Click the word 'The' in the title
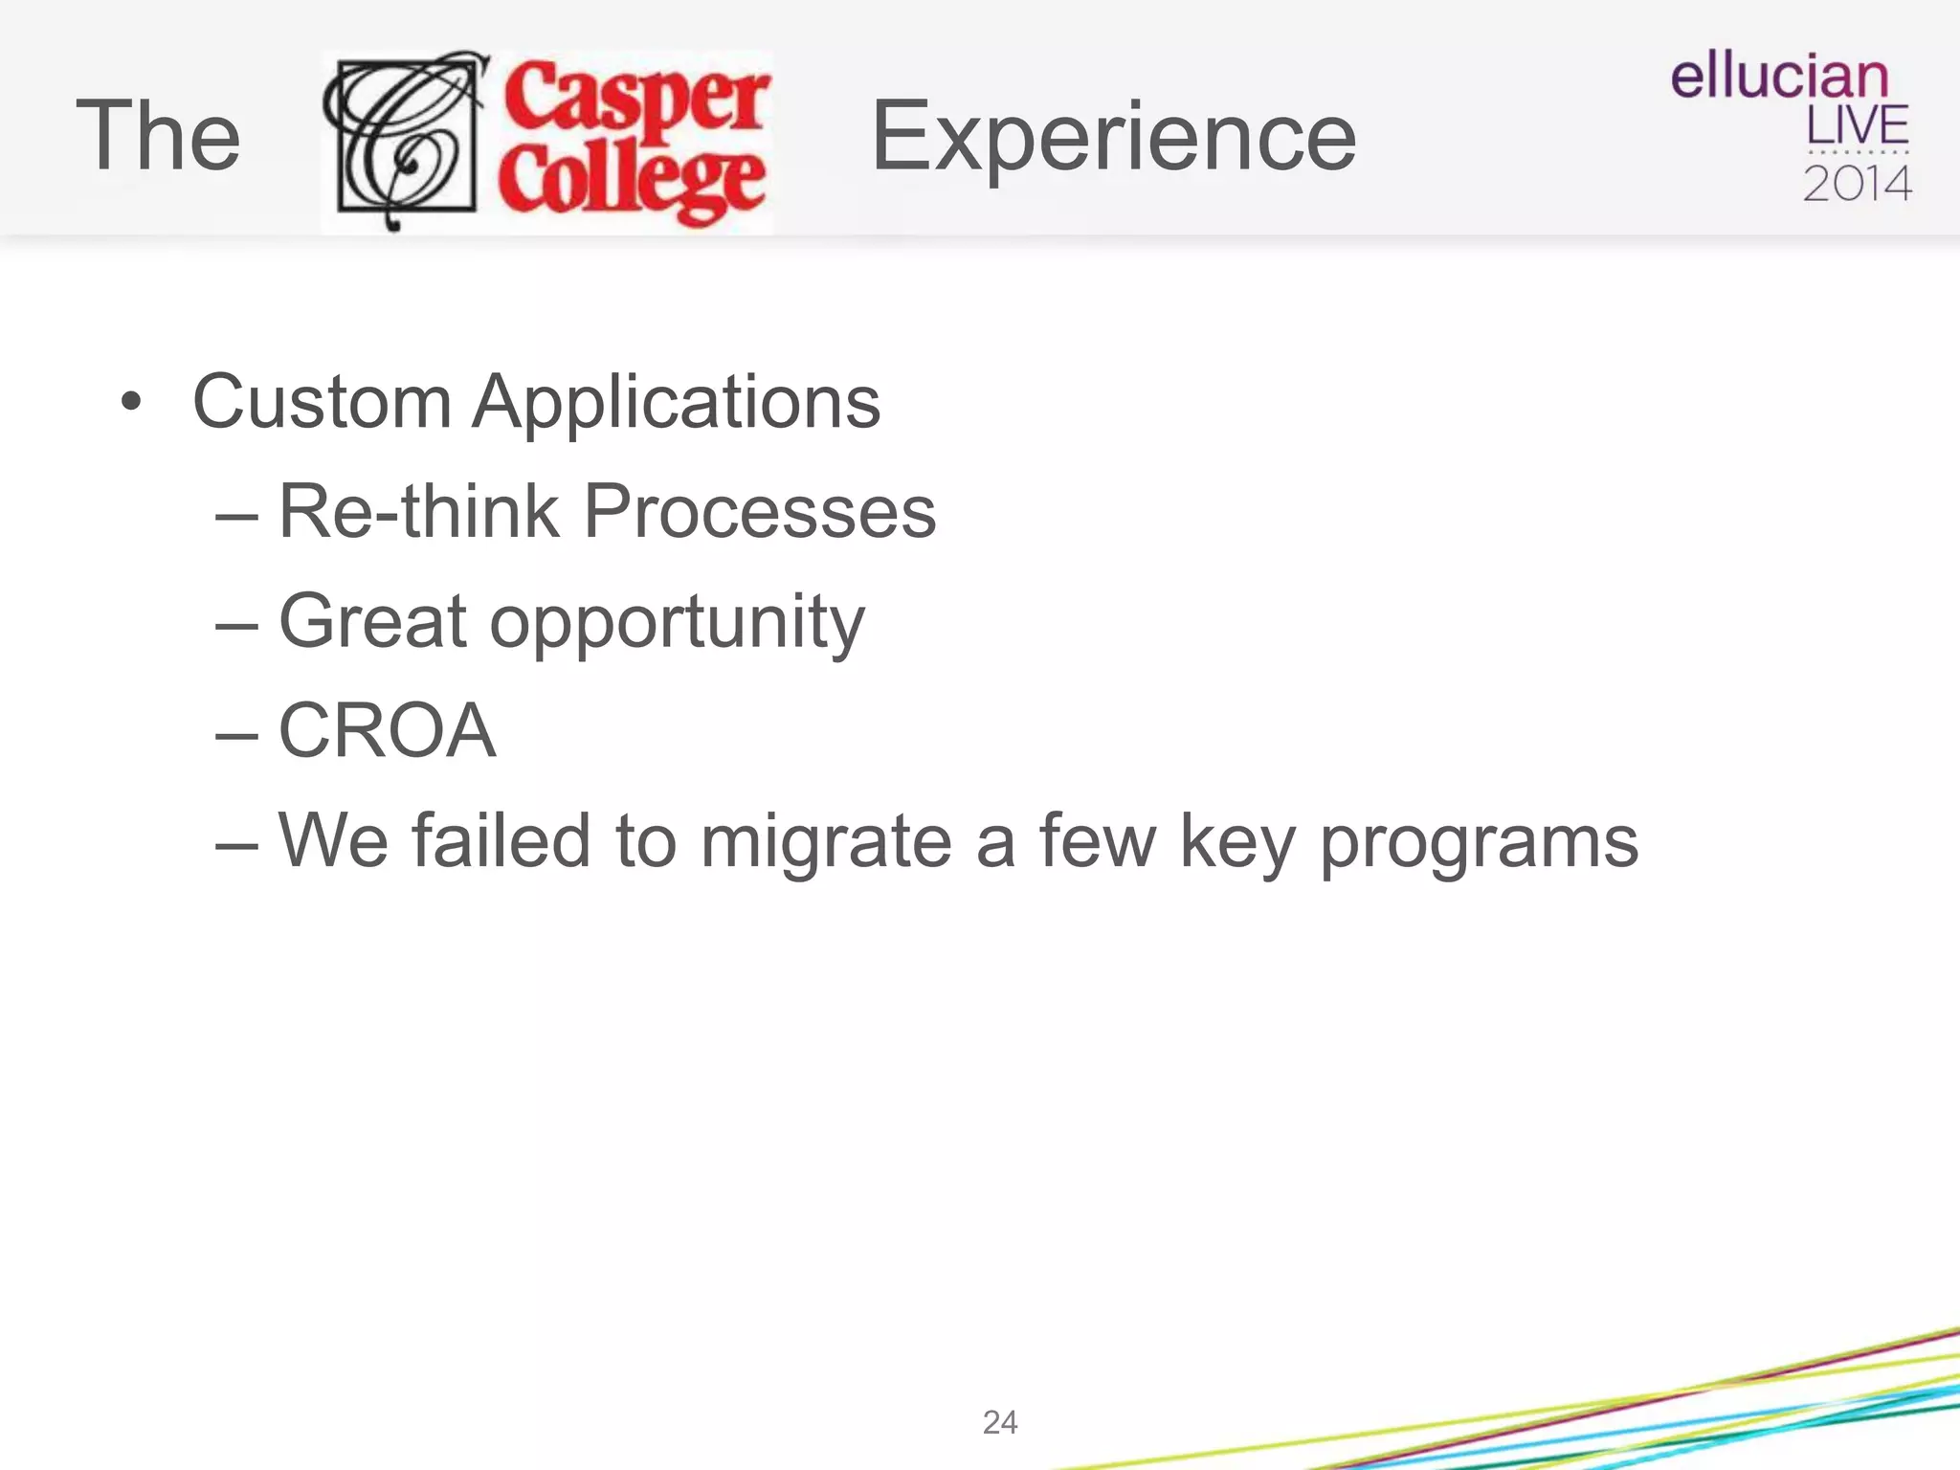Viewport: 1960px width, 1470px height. tap(158, 136)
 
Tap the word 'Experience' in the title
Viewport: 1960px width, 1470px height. tap(1113, 138)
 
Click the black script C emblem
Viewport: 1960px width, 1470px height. tap(405, 140)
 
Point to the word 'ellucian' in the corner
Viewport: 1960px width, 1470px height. tap(1779, 77)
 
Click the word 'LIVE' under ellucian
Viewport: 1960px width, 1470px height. tap(1857, 126)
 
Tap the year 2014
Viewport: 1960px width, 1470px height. tap(1857, 183)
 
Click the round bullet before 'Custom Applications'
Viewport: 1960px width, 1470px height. tap(131, 402)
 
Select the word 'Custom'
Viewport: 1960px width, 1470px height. tap(322, 402)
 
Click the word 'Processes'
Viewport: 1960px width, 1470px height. tap(760, 511)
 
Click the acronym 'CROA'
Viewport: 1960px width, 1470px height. tap(387, 731)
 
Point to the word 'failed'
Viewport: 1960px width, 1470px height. tap(501, 840)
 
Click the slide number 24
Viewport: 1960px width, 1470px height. tap(1000, 1422)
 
